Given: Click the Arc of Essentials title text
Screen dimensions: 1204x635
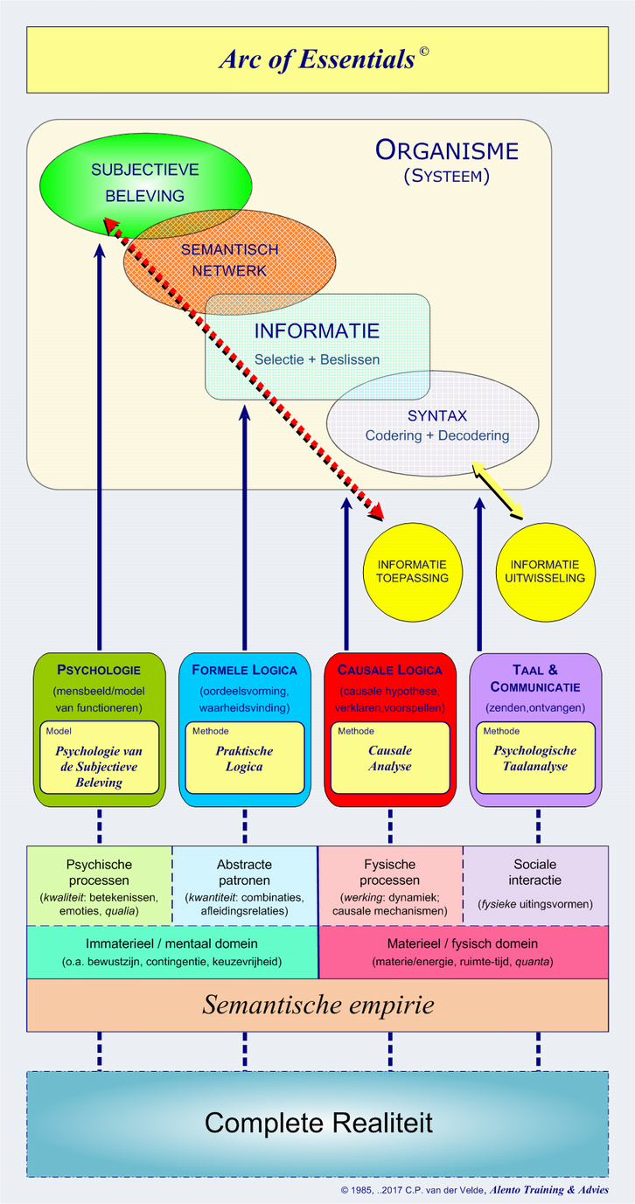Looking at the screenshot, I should [317, 59].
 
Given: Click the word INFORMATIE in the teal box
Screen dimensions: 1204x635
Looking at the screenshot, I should [317, 331].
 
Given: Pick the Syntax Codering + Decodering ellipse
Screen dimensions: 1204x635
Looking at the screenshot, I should [437, 424].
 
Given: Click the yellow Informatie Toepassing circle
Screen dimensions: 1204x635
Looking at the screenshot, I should [412, 571].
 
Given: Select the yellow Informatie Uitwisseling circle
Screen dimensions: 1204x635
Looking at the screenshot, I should [548, 571].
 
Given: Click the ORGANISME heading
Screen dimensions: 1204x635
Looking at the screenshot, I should [446, 150].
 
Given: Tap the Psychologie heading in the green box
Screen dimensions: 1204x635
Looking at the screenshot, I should [99, 670].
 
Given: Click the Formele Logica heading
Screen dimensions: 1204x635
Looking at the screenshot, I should [244, 670].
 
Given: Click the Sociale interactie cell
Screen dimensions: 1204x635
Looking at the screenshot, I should [535, 883].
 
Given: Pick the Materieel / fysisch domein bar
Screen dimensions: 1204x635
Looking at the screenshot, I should [463, 952].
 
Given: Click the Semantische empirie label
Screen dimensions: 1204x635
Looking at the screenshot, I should [317, 1005].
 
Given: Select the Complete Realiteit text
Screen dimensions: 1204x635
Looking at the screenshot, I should [317, 1123].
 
